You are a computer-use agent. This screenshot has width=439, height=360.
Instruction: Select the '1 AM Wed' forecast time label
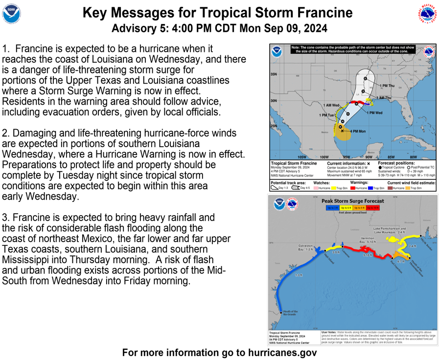tap(331, 105)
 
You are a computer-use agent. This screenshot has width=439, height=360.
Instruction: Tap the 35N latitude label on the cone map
tap(274, 74)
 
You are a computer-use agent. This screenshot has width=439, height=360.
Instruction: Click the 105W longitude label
tap(296, 157)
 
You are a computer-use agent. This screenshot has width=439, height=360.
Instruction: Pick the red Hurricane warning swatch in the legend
tap(352, 188)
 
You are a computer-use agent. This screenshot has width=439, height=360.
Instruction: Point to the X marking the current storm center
tap(342, 131)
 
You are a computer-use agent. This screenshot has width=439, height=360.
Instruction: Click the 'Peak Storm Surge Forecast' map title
tap(352, 201)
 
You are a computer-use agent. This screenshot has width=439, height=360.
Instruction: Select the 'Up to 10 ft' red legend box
tap(373, 208)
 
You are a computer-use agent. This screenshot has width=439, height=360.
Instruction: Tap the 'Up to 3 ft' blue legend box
tap(332, 208)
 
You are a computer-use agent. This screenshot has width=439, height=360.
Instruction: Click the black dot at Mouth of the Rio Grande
tap(281, 312)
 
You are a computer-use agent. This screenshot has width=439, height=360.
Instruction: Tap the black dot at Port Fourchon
tap(392, 257)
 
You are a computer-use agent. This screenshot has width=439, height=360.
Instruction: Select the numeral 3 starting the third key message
tap(5, 217)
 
